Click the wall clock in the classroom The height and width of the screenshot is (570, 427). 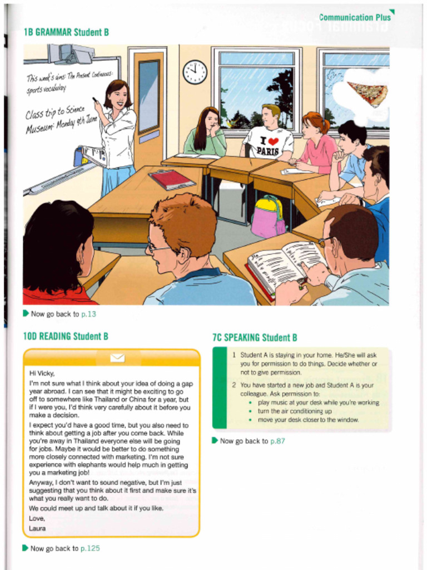(195, 72)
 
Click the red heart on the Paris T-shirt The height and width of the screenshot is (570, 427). (273, 141)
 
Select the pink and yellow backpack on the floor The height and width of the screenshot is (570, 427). (267, 217)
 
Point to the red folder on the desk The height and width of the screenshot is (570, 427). (171, 179)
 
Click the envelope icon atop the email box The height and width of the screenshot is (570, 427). (117, 357)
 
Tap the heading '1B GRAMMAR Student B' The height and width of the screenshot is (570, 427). (66, 32)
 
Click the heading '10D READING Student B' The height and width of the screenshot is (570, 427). (66, 336)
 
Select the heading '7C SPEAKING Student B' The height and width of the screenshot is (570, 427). (255, 337)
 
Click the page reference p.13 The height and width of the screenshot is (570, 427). (89, 314)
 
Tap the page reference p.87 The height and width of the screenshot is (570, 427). (277, 441)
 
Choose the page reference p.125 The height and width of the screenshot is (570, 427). (90, 548)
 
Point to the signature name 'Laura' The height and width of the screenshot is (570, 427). (37, 528)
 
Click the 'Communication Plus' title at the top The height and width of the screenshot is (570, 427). (354, 17)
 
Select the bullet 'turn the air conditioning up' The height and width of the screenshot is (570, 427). (295, 411)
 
